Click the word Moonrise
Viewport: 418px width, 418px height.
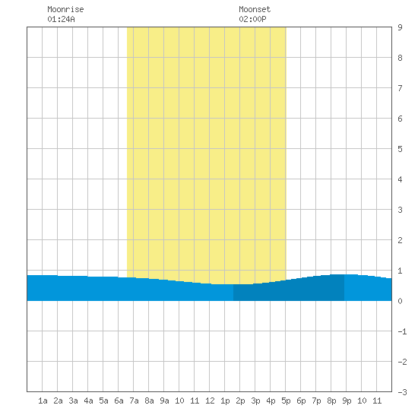coord(65,9)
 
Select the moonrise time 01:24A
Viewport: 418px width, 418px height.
coord(61,19)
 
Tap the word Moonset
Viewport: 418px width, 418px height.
coord(255,9)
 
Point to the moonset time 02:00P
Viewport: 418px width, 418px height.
coord(252,19)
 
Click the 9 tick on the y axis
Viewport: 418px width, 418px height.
coord(400,27)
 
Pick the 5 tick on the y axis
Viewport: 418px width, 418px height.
coord(400,149)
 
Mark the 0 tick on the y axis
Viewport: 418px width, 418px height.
coord(400,301)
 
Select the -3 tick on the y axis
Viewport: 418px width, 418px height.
coord(402,392)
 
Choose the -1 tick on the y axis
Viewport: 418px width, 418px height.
coord(402,331)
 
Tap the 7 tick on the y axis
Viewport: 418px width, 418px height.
coord(400,88)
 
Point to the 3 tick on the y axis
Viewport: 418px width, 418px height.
coord(400,210)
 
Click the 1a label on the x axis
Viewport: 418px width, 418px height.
coord(43,401)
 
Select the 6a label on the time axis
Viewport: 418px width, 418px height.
coord(119,401)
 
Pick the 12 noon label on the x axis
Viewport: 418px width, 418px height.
coord(210,401)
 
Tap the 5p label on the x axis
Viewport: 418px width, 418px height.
coord(286,401)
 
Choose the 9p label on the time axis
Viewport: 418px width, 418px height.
coord(347,401)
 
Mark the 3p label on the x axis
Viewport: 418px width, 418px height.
coord(255,401)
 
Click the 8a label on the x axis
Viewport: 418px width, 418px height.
coord(149,401)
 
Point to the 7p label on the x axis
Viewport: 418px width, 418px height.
coord(316,401)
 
